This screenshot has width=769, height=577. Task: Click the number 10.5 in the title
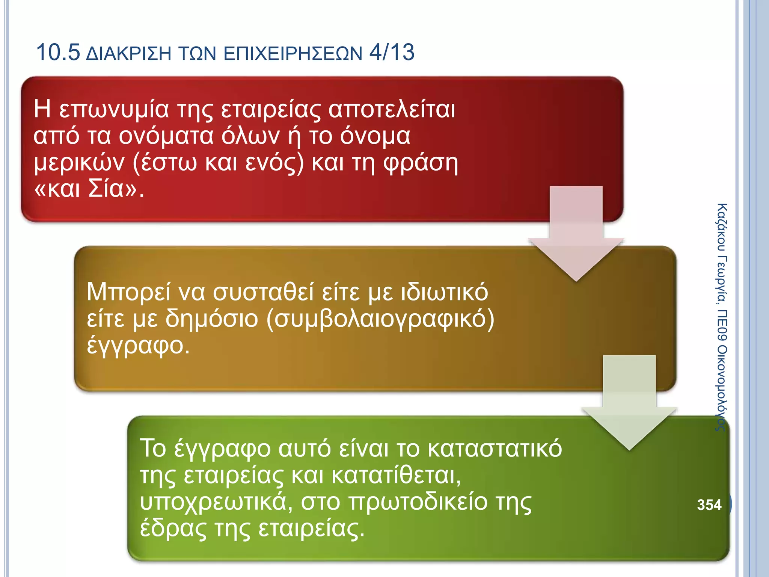tap(58, 52)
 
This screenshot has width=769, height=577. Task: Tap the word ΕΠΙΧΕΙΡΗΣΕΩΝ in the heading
tap(293, 53)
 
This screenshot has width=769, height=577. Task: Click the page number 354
tap(709, 504)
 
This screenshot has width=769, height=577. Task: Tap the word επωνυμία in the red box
tap(114, 110)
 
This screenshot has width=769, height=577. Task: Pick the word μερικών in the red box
tap(79, 163)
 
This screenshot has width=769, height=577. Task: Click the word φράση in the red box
tap(421, 163)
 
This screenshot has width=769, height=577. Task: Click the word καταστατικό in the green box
tap(495, 449)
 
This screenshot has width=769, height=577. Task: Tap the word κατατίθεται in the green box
tap(396, 475)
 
